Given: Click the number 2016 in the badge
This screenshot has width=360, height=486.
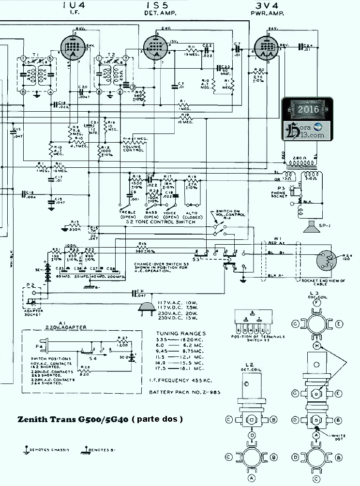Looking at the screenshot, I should point(308,109).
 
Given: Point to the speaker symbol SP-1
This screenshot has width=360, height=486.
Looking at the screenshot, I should point(312,228).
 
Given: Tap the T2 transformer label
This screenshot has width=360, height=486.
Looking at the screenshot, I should point(111,54).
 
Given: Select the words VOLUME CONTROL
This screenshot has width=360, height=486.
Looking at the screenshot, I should point(134,147).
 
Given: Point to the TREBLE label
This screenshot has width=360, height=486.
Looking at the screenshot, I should point(127,213).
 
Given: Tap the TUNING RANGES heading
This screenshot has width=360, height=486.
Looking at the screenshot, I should point(180,333).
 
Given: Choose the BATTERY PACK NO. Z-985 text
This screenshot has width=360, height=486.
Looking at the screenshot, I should point(184,392).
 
